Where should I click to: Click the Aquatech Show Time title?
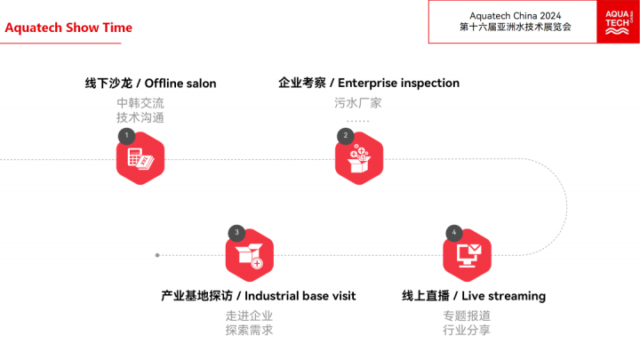pos(68,28)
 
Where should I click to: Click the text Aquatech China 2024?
pos(515,14)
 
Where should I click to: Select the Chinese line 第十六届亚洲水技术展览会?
pos(515,28)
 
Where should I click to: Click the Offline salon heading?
pos(150,84)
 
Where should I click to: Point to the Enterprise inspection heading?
pos(369,83)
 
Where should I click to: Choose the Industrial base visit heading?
pos(258,295)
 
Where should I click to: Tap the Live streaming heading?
pos(474,295)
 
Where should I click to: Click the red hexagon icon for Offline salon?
pos(140,160)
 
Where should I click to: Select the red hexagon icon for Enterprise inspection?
pos(358,160)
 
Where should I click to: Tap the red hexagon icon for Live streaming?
pos(467,256)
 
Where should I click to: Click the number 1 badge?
pos(126,136)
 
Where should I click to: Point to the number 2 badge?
pos(345,136)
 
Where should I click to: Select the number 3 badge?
pos(236,233)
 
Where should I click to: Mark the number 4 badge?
pos(453,233)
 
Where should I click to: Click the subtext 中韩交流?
pos(140,102)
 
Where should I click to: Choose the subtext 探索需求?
pos(249,331)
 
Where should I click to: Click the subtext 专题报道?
pos(467,315)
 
